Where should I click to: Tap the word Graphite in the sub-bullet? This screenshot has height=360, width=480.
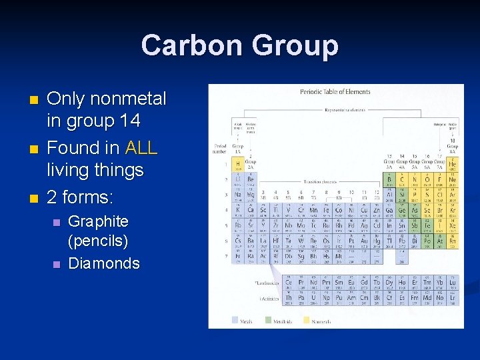[x=99, y=221]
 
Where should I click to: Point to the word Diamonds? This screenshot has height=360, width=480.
[x=104, y=263]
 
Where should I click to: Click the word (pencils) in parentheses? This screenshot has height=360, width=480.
[x=98, y=241]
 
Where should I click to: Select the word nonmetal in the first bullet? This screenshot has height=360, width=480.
[x=129, y=99]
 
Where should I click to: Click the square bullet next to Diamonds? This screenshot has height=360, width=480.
[x=57, y=264]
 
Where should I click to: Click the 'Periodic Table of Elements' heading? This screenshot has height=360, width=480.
[x=335, y=92]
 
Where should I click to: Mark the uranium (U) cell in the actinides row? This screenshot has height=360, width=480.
[x=313, y=298]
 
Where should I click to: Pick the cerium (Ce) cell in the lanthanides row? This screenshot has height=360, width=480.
[x=288, y=283]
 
